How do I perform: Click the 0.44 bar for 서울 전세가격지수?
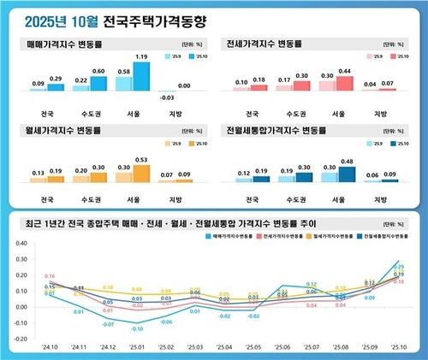click(345, 84)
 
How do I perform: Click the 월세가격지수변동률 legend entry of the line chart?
click(321, 233)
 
